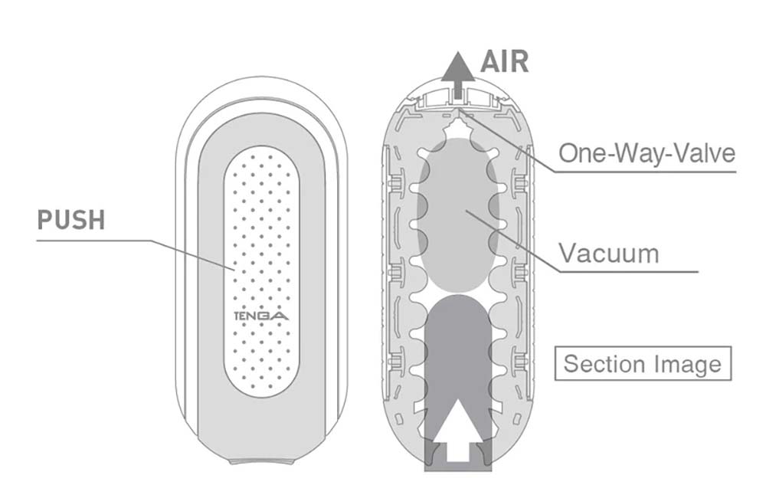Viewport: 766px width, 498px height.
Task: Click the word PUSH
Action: point(70,220)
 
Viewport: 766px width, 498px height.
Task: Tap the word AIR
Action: point(504,61)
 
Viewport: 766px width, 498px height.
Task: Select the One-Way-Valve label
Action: point(646,152)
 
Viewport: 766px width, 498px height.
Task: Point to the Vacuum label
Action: point(608,252)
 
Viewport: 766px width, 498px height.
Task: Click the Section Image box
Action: point(642,363)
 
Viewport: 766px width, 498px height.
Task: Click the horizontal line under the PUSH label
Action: point(92,240)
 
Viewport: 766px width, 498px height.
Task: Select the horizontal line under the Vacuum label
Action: point(628,270)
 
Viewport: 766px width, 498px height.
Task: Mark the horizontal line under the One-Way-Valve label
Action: point(643,172)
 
